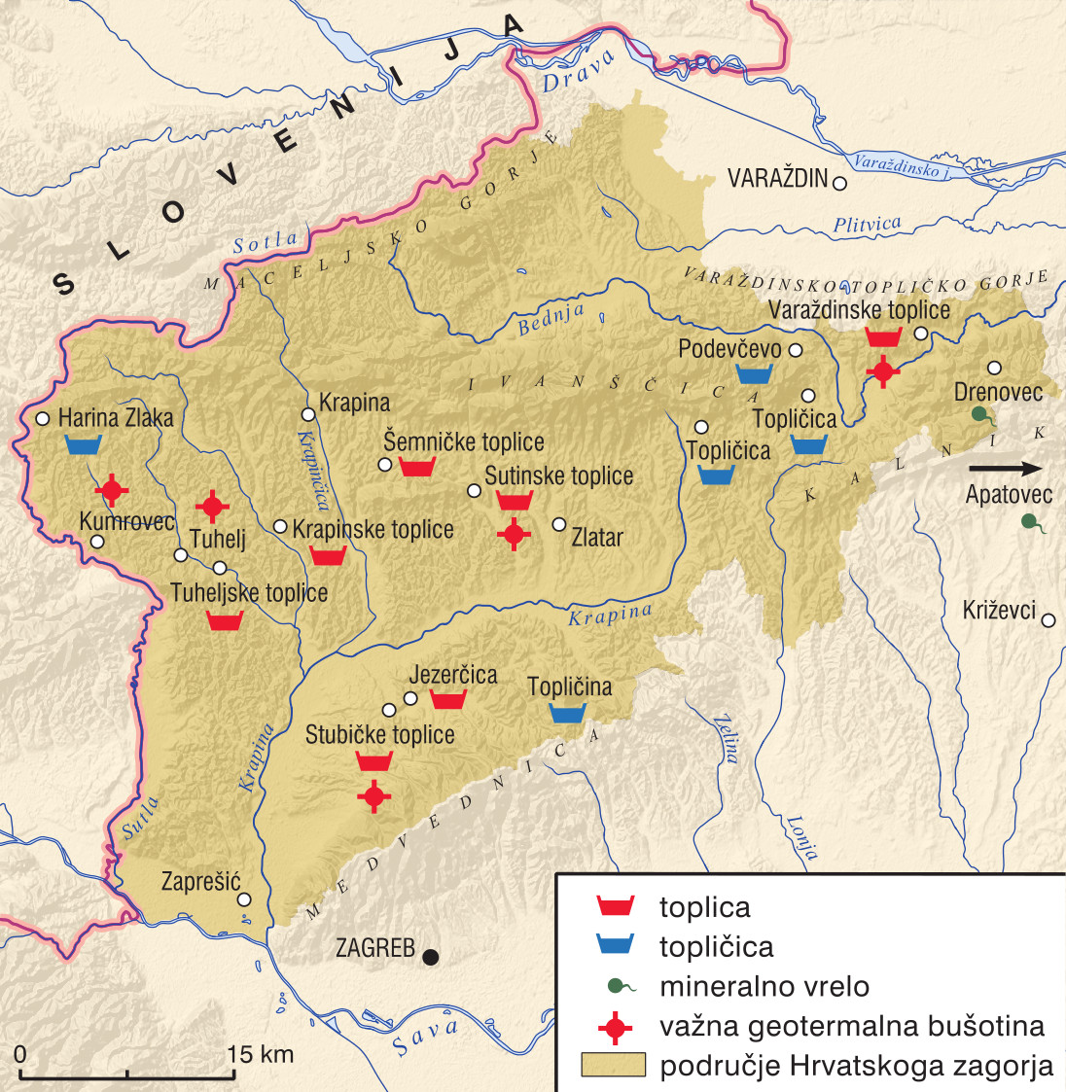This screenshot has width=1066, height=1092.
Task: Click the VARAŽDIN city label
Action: pyautogui.click(x=777, y=179)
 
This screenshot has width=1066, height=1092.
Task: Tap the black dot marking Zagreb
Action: pyautogui.click(x=430, y=957)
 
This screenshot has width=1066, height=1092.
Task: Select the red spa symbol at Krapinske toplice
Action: pyautogui.click(x=329, y=556)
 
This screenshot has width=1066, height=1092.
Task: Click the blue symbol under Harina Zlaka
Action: pyautogui.click(x=84, y=445)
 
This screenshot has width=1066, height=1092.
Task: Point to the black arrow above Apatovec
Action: pyautogui.click(x=1005, y=469)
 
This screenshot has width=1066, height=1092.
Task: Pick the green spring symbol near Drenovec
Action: pyautogui.click(x=982, y=416)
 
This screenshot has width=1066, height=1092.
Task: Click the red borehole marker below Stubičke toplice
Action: pyautogui.click(x=373, y=796)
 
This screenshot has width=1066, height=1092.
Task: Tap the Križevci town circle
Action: pyautogui.click(x=1048, y=618)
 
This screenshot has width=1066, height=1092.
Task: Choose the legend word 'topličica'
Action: pyautogui.click(x=716, y=947)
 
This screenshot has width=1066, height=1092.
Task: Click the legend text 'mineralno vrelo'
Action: pyautogui.click(x=764, y=987)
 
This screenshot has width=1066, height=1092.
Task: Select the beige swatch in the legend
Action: pyautogui.click(x=613, y=1065)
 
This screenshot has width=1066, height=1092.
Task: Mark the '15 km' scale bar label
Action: pyautogui.click(x=260, y=1054)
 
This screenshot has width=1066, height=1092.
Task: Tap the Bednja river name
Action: pyautogui.click(x=551, y=319)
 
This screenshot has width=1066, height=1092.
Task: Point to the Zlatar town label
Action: pyautogui.click(x=596, y=537)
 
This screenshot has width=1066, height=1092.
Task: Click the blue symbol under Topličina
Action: pyautogui.click(x=567, y=713)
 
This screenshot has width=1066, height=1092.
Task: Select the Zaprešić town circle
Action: pyautogui.click(x=244, y=899)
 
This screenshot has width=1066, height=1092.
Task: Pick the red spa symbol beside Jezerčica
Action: pyautogui.click(x=448, y=699)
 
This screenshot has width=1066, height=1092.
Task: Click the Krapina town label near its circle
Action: pyautogui.click(x=354, y=403)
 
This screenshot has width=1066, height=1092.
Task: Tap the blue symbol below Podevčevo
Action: pyautogui.click(x=754, y=373)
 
